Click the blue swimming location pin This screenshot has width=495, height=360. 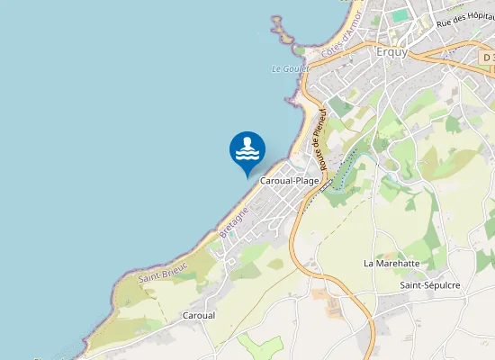pos(247,149)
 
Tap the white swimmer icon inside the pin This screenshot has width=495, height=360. pos(247,148)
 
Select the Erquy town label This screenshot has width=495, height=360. pos(391,51)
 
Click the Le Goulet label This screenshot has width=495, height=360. pos(290,68)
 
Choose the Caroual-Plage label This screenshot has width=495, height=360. pos(290,181)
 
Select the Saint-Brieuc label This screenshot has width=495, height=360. pos(162,268)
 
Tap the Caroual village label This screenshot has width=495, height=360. pos(199,316)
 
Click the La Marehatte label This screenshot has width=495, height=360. pos(391,264)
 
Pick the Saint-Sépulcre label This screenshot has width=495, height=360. pos(430,285)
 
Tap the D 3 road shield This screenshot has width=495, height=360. pos(487,58)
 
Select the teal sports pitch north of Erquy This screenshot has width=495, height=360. pos(400,16)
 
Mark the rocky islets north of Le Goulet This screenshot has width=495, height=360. pos(286,33)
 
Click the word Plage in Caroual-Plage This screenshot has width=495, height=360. pos(307,181)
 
